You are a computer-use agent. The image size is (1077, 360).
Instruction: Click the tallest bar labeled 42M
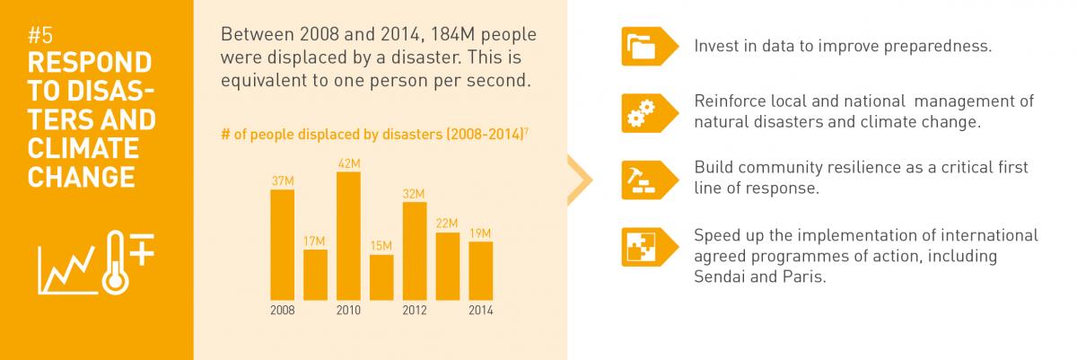point(348,236)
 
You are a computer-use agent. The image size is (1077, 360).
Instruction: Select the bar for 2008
point(282,245)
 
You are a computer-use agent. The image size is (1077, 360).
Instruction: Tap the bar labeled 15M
point(381,277)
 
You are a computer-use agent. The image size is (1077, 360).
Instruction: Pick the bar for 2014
point(481,271)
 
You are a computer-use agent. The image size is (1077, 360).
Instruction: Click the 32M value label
point(414,194)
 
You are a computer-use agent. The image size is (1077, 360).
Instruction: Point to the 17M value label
point(314,241)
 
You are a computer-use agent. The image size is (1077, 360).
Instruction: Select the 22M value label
point(447,224)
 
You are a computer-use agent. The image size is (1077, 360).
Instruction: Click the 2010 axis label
point(348,311)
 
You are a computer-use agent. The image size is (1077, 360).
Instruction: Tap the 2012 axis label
point(415,311)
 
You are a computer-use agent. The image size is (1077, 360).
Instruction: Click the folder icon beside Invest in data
point(641,47)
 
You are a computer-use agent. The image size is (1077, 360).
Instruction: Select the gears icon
point(641,113)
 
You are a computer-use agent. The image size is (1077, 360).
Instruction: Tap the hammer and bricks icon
point(641,180)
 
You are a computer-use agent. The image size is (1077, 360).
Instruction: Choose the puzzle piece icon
point(641,247)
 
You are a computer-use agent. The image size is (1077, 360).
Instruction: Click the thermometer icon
point(116,262)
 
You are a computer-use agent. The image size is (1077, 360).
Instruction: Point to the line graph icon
point(67,270)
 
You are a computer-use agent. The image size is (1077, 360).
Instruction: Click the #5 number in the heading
point(40,36)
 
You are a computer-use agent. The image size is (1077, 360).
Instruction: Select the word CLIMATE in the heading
point(83,148)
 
